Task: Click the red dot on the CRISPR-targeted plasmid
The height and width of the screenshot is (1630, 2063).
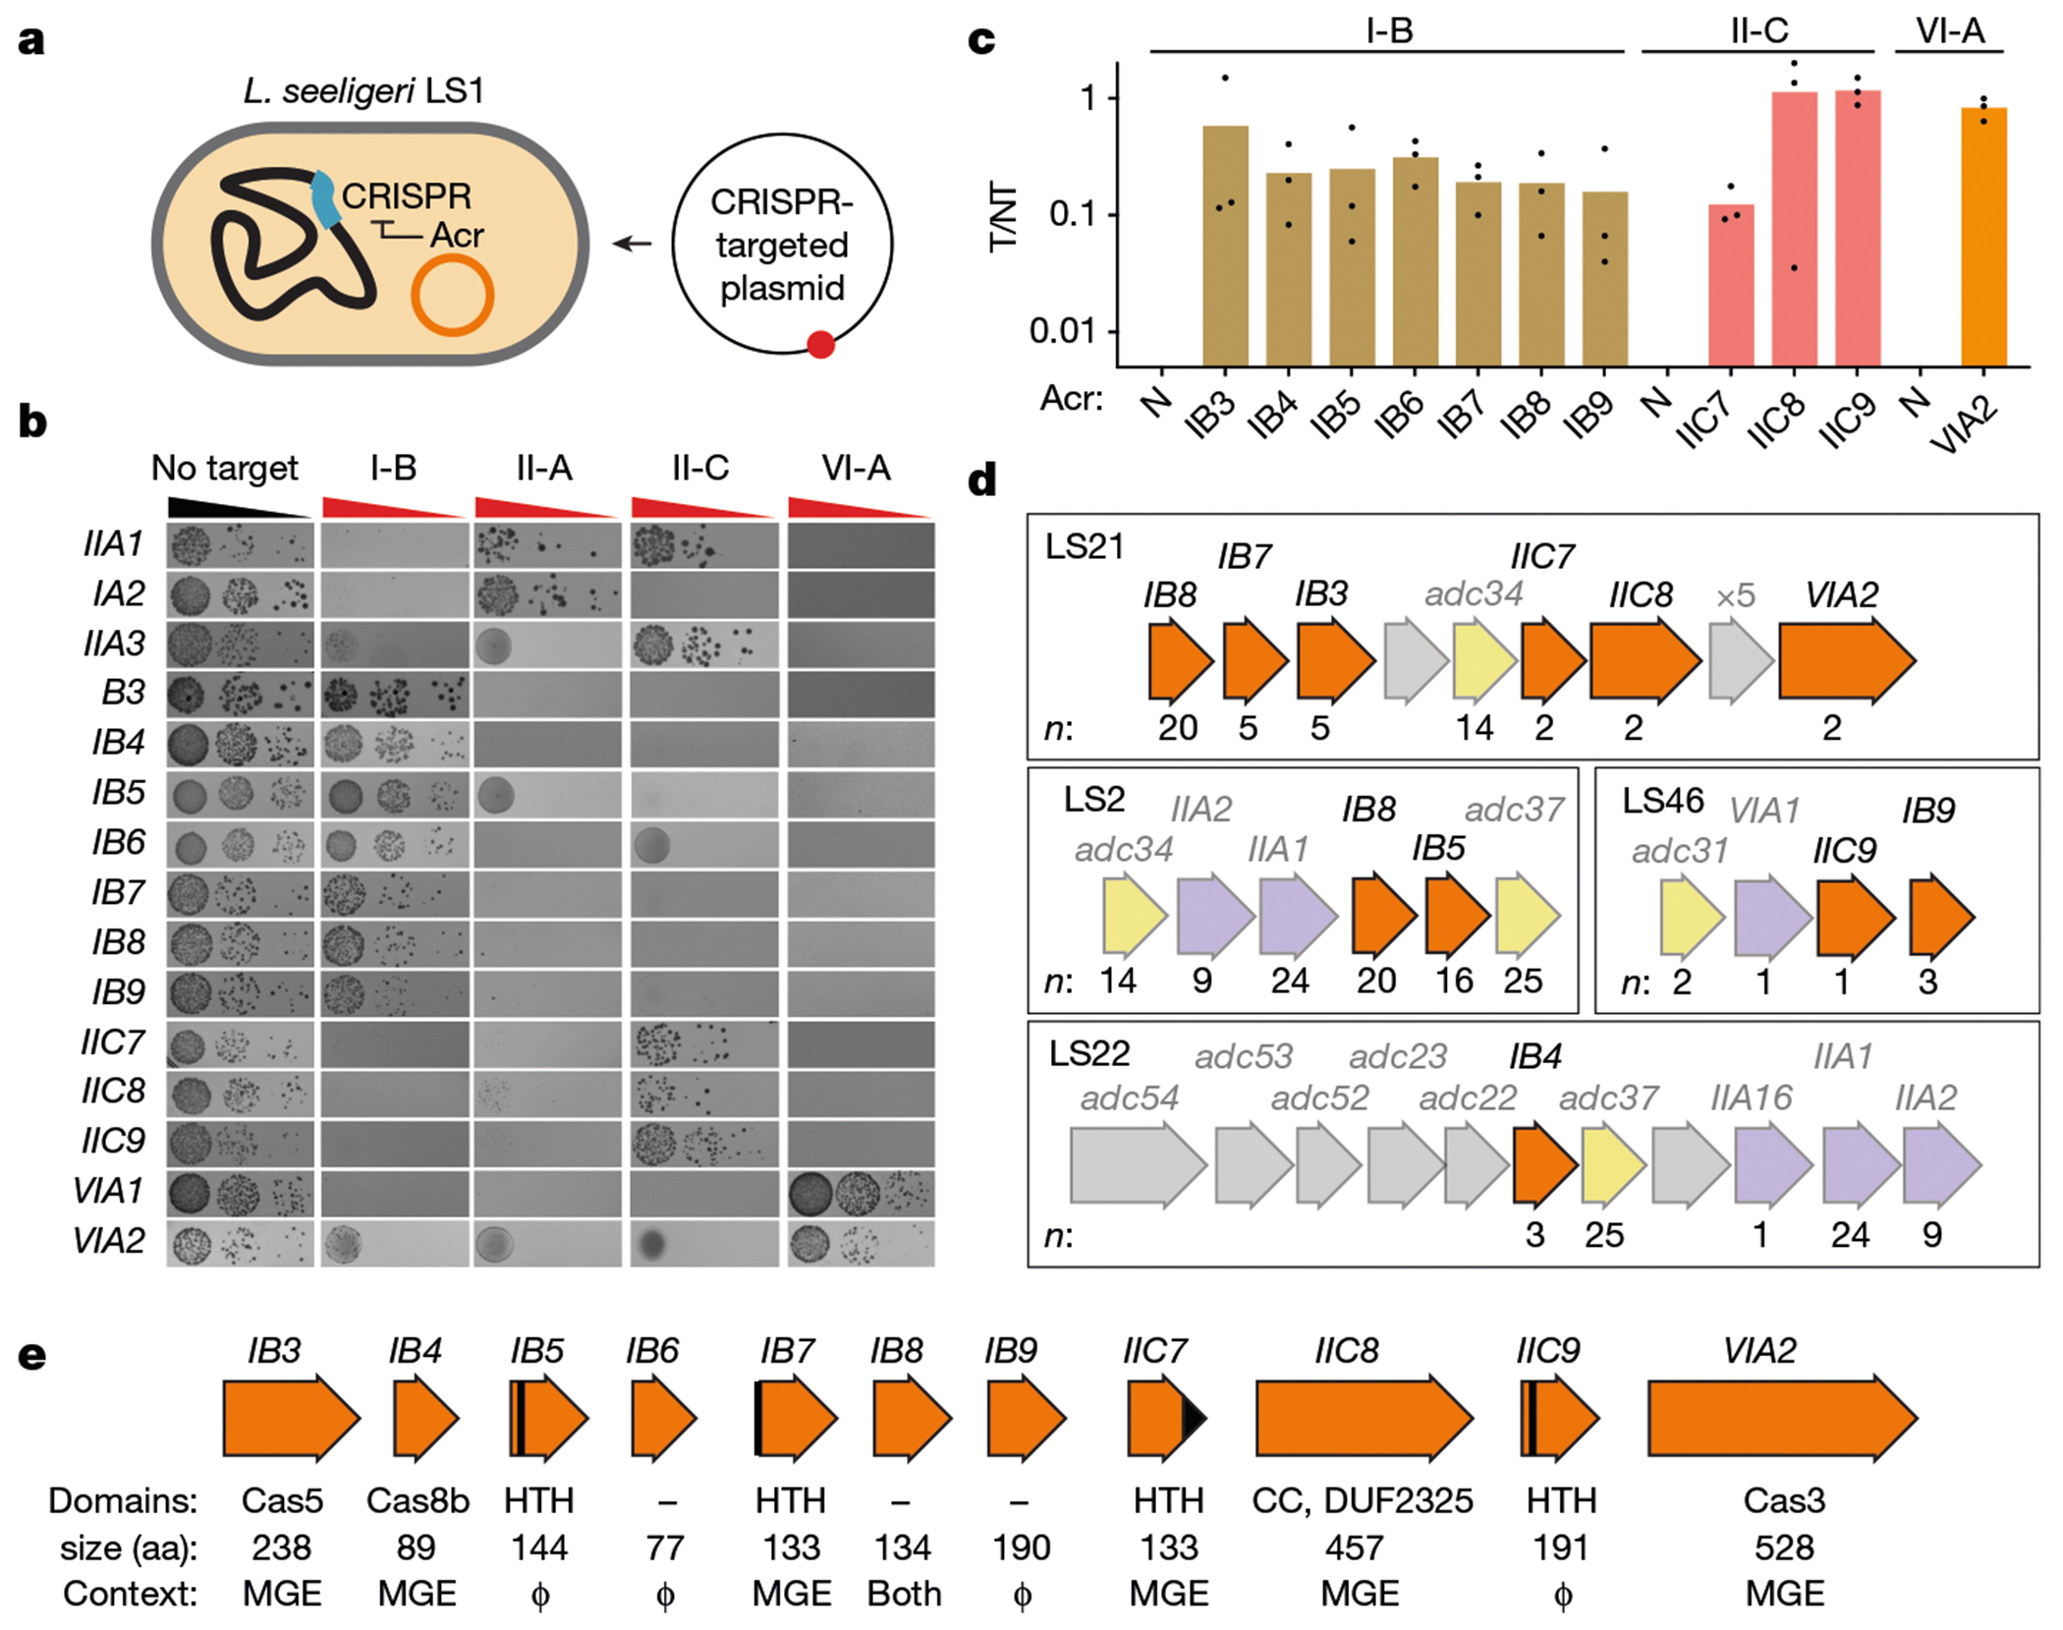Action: [820, 344]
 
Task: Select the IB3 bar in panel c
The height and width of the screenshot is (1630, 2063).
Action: [1225, 246]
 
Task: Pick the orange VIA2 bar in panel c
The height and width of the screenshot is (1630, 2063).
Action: [1983, 236]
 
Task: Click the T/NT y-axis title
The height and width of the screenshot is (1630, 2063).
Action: [1003, 216]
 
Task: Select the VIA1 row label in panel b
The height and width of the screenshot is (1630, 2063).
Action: [109, 1191]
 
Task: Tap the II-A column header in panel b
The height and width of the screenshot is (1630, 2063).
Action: [544, 468]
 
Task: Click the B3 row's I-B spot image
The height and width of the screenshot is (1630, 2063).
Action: [394, 695]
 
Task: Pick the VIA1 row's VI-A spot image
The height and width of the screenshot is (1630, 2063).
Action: [861, 1194]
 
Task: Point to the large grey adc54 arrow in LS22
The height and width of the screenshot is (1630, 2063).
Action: [1138, 1165]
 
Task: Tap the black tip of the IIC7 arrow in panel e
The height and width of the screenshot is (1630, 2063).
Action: [1194, 1418]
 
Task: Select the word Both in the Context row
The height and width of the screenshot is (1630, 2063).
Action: [904, 1594]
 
